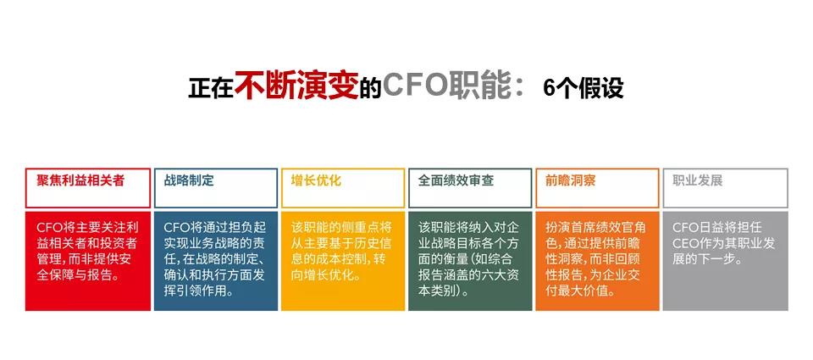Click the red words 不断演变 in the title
coord(296,86)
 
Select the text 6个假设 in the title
coord(583,87)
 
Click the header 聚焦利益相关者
coord(80,180)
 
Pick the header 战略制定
coord(189,180)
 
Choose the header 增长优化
coord(316,180)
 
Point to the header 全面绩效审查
coord(456,180)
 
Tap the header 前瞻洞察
coord(571,180)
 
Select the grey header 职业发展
coord(697,180)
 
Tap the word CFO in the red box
coord(49,228)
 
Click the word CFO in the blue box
coord(176,228)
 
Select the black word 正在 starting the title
coord(210,89)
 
